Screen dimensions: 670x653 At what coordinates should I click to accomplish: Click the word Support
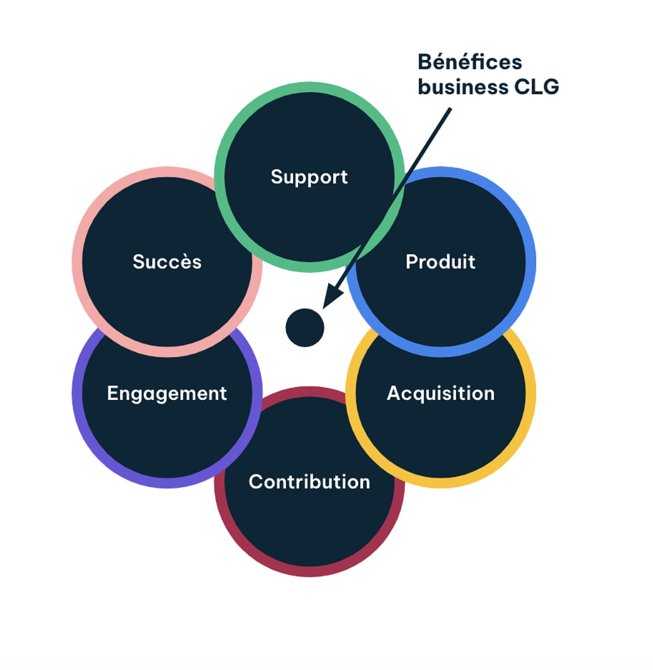309,177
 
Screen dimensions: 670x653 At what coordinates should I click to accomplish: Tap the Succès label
167,262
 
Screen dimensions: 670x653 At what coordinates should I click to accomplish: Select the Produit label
440,262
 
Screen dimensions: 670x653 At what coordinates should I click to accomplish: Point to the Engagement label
167,393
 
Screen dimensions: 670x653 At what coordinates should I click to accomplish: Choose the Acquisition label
440,393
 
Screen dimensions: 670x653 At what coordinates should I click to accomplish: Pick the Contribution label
309,481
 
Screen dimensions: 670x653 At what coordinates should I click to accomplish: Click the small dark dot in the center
305,328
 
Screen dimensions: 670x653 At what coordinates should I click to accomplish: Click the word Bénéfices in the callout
470,62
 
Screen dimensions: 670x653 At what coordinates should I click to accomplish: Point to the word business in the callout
463,87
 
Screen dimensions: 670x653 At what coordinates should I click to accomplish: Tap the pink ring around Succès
78,262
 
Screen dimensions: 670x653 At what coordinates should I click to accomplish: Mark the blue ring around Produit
530,262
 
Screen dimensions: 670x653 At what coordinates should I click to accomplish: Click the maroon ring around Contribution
309,571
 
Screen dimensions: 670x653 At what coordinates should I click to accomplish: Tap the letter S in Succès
139,262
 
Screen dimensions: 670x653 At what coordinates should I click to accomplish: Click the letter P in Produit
411,262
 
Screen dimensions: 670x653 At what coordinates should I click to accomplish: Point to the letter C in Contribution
256,481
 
